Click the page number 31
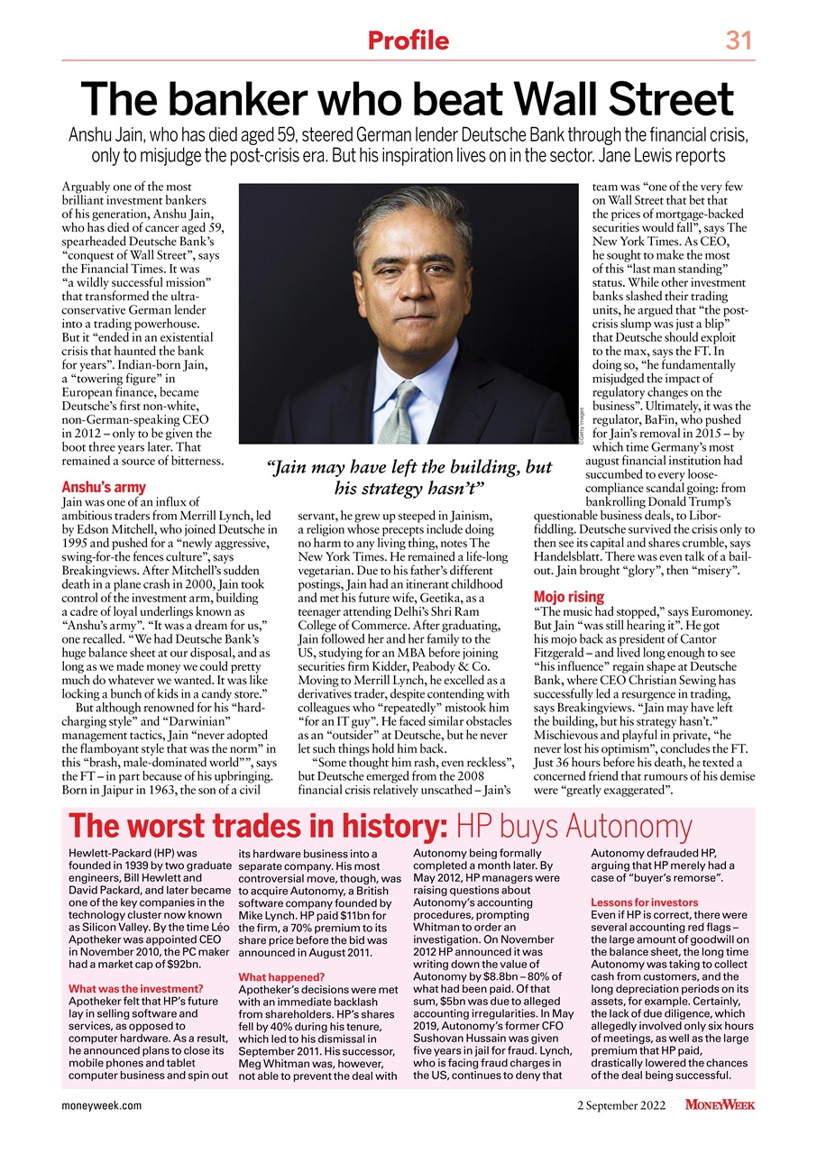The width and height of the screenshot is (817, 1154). [739, 41]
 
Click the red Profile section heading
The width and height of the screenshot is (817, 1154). [408, 41]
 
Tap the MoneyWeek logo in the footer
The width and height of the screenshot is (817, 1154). [719, 1105]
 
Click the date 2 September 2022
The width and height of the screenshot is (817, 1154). [621, 1105]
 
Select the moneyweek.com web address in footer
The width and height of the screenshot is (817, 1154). [101, 1105]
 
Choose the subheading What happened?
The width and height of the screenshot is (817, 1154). [280, 976]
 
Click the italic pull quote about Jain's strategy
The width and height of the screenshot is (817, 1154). [409, 478]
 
